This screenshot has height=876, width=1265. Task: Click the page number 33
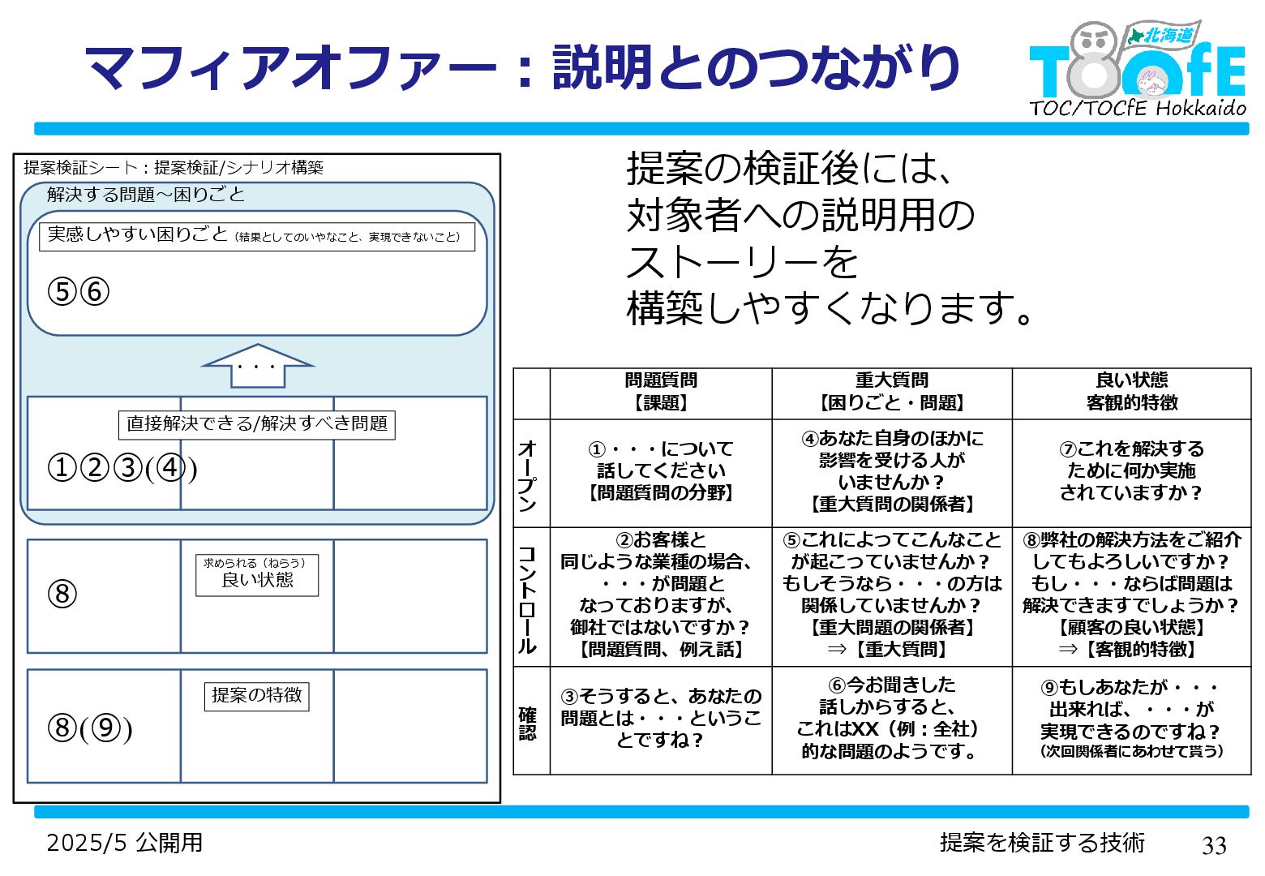tap(1213, 845)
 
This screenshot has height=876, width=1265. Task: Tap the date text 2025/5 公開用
tap(124, 843)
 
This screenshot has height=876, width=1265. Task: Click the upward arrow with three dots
tap(257, 366)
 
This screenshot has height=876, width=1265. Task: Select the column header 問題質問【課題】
tap(660, 392)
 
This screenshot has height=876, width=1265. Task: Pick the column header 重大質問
tap(891, 392)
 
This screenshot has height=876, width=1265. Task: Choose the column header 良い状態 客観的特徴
tap(1131, 392)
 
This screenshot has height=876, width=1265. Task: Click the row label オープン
tap(528, 474)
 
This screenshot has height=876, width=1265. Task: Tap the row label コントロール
tap(528, 598)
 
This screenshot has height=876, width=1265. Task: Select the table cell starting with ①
tap(660, 470)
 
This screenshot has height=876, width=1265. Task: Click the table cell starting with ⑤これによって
tap(891, 595)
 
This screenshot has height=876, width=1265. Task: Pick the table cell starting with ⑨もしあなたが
tap(1131, 719)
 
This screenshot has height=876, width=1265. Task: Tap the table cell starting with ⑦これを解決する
tap(1131, 470)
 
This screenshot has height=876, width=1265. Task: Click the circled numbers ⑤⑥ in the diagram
tap(79, 292)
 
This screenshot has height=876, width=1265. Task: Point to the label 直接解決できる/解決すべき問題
tap(256, 424)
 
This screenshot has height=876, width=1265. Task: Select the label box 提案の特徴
tap(256, 695)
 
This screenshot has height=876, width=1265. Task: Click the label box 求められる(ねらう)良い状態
tap(256, 574)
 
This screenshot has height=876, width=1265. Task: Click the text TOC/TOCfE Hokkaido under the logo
tap(1137, 108)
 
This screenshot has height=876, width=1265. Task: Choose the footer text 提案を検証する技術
tap(1042, 843)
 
